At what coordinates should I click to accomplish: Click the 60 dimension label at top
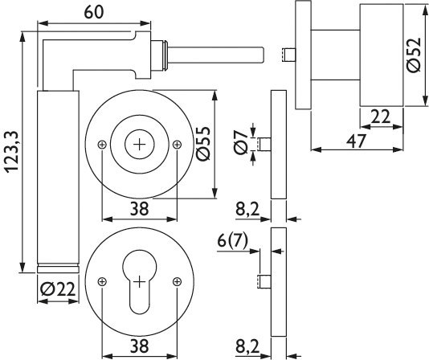(x=94, y=12)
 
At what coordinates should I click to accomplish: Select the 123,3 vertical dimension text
(x=12, y=152)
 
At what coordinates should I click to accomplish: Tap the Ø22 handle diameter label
(x=58, y=289)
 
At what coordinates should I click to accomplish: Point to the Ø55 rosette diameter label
(x=202, y=144)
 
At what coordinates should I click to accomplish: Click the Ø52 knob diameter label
(x=413, y=55)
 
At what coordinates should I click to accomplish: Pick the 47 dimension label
(x=356, y=141)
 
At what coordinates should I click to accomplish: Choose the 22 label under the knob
(x=380, y=117)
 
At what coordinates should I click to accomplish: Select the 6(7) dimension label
(x=232, y=241)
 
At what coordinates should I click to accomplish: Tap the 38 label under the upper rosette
(x=139, y=209)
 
